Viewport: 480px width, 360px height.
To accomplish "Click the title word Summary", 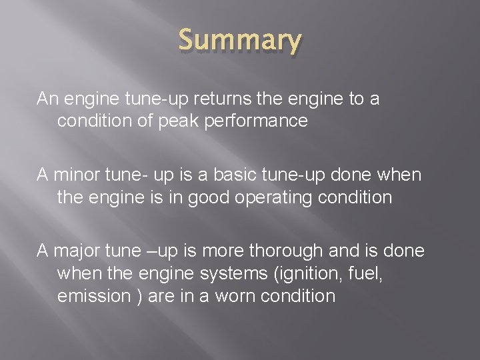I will coord(239,41).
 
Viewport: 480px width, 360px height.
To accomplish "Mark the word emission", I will coord(93,295).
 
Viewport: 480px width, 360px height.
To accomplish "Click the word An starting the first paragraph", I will coord(47,99).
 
